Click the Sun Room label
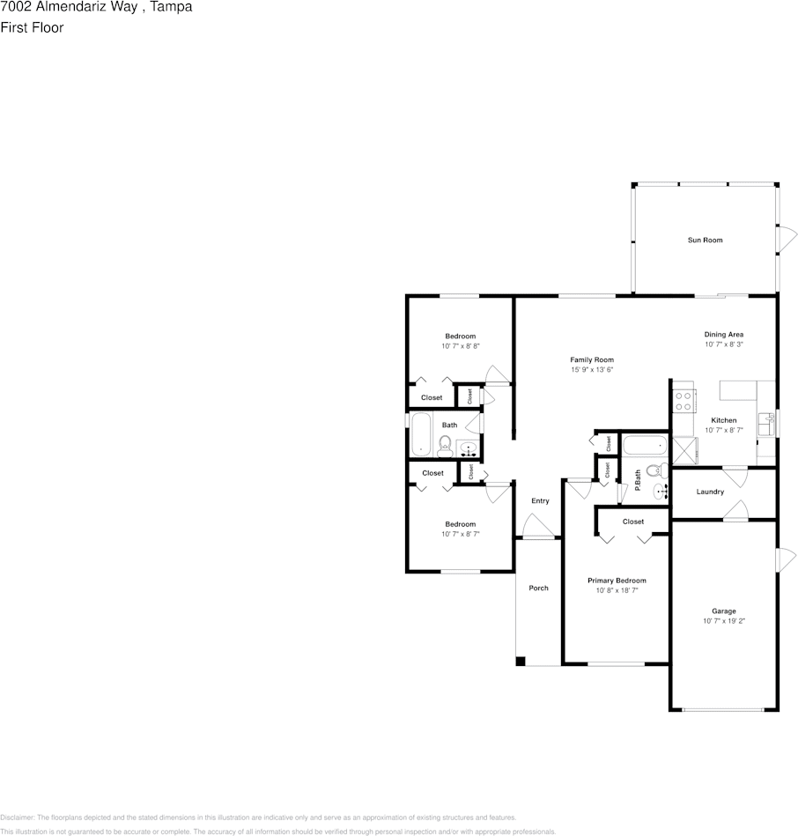click(705, 240)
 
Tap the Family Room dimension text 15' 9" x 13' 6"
click(592, 369)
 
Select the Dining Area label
click(723, 334)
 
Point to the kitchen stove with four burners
click(683, 401)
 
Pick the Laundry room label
click(710, 492)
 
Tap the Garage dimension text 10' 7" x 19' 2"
click(723, 620)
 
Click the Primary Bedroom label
click(617, 580)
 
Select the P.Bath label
click(638, 480)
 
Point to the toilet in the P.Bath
click(657, 470)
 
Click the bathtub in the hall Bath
click(421, 434)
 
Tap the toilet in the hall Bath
click(445, 447)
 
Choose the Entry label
click(540, 500)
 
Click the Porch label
click(538, 588)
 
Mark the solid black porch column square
click(521, 661)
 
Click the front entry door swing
click(538, 525)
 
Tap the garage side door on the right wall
click(785, 559)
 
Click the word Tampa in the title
click(171, 7)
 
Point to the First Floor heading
click(32, 27)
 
